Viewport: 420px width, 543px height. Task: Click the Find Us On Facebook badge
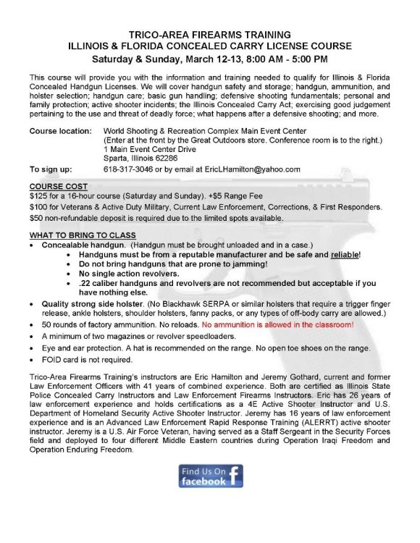click(211, 476)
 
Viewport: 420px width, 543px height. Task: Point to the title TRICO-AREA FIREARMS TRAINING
click(210, 34)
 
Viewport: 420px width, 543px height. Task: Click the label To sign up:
click(51, 169)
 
